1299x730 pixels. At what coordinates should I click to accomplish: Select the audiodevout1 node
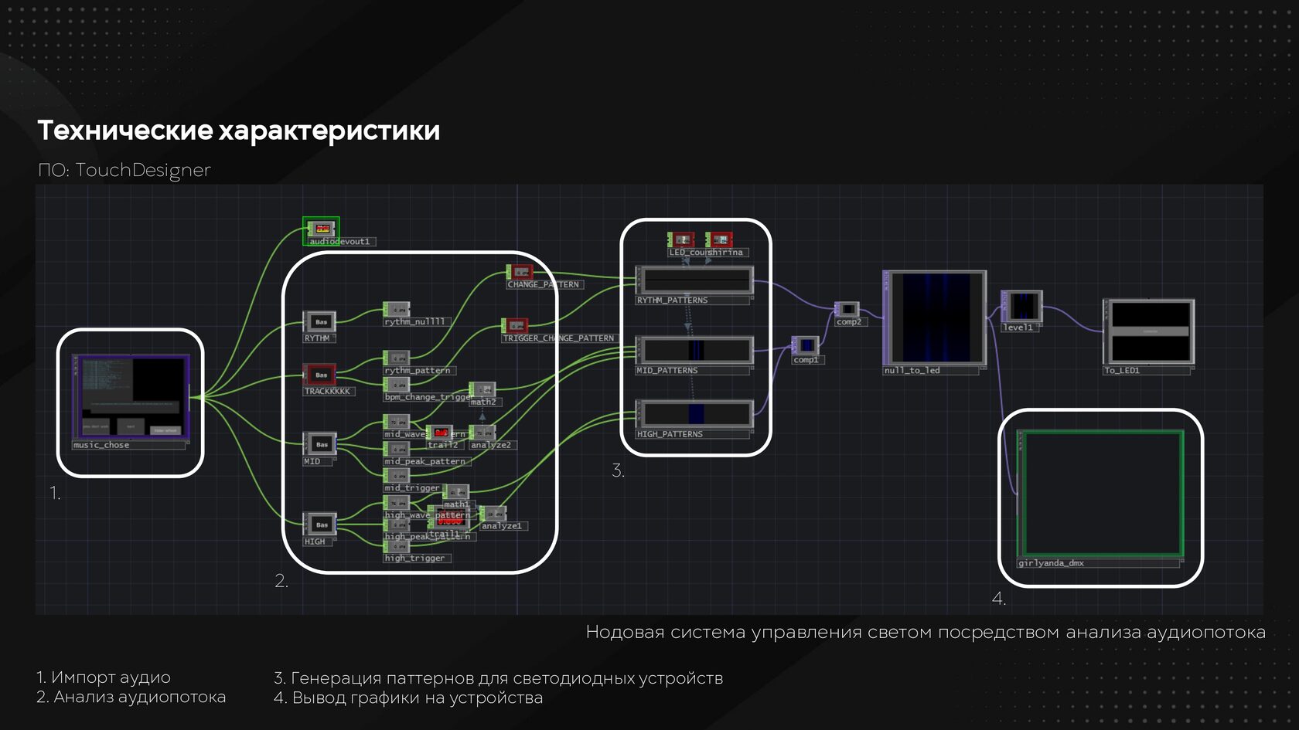point(322,229)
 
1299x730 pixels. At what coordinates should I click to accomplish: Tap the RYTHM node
point(320,321)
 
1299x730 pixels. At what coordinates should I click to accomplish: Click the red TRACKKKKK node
point(320,375)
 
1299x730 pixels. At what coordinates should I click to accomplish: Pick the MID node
point(320,444)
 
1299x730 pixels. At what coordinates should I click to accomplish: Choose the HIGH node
point(320,525)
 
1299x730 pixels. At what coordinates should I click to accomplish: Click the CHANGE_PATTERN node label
point(544,284)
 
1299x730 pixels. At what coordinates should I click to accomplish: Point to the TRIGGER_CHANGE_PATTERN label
point(558,338)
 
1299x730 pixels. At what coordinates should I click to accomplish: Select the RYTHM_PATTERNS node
point(695,280)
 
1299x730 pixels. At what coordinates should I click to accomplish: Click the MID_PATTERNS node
point(695,350)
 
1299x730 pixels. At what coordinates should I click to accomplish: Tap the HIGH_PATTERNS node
point(695,414)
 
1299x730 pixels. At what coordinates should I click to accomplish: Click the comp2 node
point(847,309)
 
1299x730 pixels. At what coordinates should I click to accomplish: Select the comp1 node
point(806,345)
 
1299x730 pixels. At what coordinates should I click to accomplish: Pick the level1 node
point(1022,306)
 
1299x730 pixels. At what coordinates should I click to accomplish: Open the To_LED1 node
point(1149,331)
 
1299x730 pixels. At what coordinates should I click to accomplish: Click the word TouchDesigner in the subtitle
point(143,170)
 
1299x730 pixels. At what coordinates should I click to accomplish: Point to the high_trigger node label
point(415,558)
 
